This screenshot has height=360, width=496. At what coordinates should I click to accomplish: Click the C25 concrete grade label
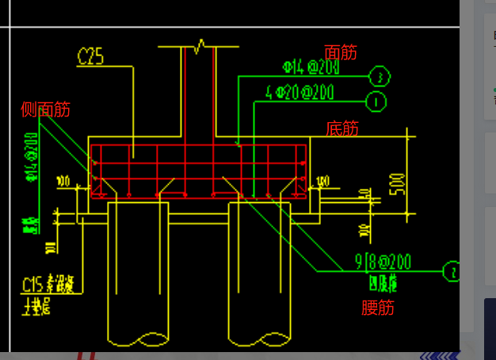point(91,56)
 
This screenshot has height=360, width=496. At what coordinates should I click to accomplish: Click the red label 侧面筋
point(45,109)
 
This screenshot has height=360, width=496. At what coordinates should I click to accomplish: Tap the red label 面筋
point(341,52)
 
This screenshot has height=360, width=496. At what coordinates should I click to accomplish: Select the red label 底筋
point(342,128)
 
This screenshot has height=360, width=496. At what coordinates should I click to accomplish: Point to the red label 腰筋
point(377,308)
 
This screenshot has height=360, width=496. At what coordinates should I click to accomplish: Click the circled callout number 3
point(380,76)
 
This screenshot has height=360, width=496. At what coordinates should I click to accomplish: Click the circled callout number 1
point(376,101)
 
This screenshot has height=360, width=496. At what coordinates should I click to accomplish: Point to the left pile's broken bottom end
point(139,339)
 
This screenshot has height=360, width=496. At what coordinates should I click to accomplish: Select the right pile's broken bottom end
point(259,339)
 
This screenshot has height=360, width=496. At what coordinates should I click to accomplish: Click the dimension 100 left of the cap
point(63,182)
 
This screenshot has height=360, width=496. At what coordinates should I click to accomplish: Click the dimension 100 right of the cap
point(322,182)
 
